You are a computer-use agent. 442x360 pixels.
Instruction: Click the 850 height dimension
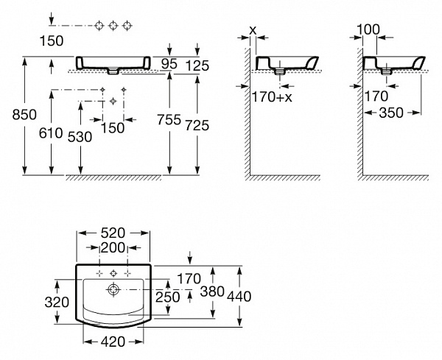[x=13, y=114]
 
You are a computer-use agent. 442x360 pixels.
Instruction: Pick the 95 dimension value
[x=169, y=65]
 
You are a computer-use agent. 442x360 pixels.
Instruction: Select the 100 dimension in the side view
[x=368, y=29]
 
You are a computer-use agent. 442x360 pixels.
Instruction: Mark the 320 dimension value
[x=58, y=302]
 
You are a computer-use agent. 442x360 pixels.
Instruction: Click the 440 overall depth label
[x=240, y=296]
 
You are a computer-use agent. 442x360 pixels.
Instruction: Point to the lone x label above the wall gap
[x=253, y=29]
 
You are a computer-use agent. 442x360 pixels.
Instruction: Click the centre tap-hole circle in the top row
[x=113, y=27]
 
